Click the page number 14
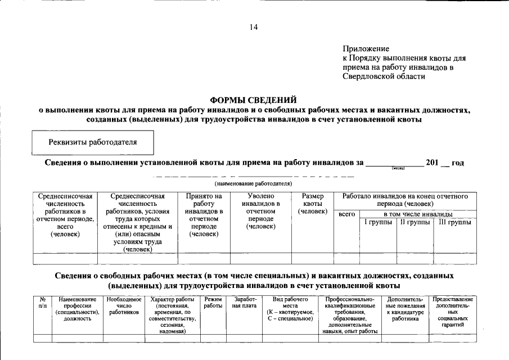pyautogui.click(x=254, y=26)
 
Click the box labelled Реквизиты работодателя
pyautogui.click(x=93, y=142)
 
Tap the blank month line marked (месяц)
pyautogui.click(x=395, y=163)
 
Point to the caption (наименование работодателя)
pyautogui.click(x=254, y=183)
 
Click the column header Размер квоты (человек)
pyautogui.click(x=312, y=204)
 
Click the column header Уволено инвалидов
pyautogui.click(x=260, y=211)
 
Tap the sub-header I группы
pyautogui.click(x=378, y=223)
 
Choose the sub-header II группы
pyautogui.click(x=415, y=223)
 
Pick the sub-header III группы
pyautogui.click(x=455, y=223)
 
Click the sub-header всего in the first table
pyautogui.click(x=346, y=215)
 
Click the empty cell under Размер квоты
pyautogui.click(x=312, y=259)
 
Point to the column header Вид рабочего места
pyautogui.click(x=290, y=309)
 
